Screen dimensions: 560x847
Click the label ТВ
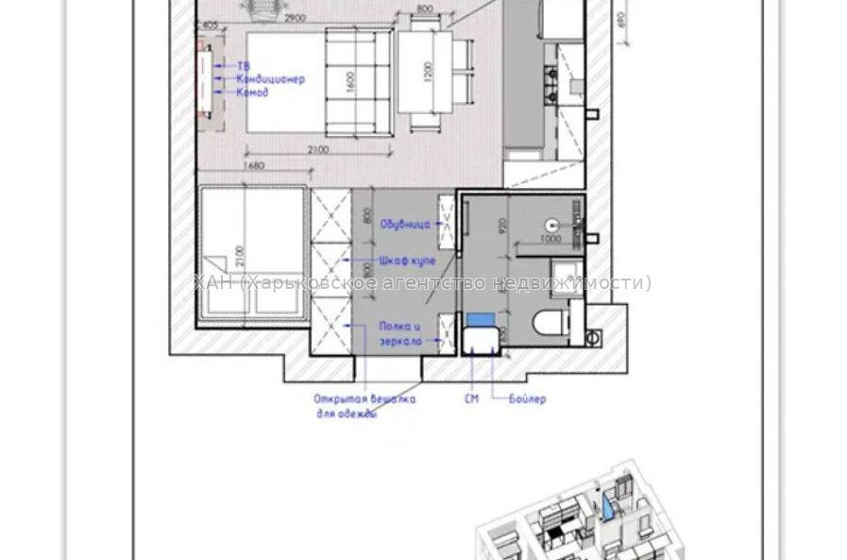click(x=244, y=66)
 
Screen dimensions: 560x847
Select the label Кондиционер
click(x=270, y=79)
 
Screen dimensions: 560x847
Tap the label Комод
click(x=252, y=93)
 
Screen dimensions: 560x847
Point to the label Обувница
click(x=405, y=225)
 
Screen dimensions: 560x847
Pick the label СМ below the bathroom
click(x=471, y=399)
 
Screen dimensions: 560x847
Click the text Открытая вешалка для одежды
click(x=364, y=406)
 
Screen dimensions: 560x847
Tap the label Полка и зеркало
click(x=400, y=332)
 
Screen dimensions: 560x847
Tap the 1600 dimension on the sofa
click(x=348, y=82)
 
